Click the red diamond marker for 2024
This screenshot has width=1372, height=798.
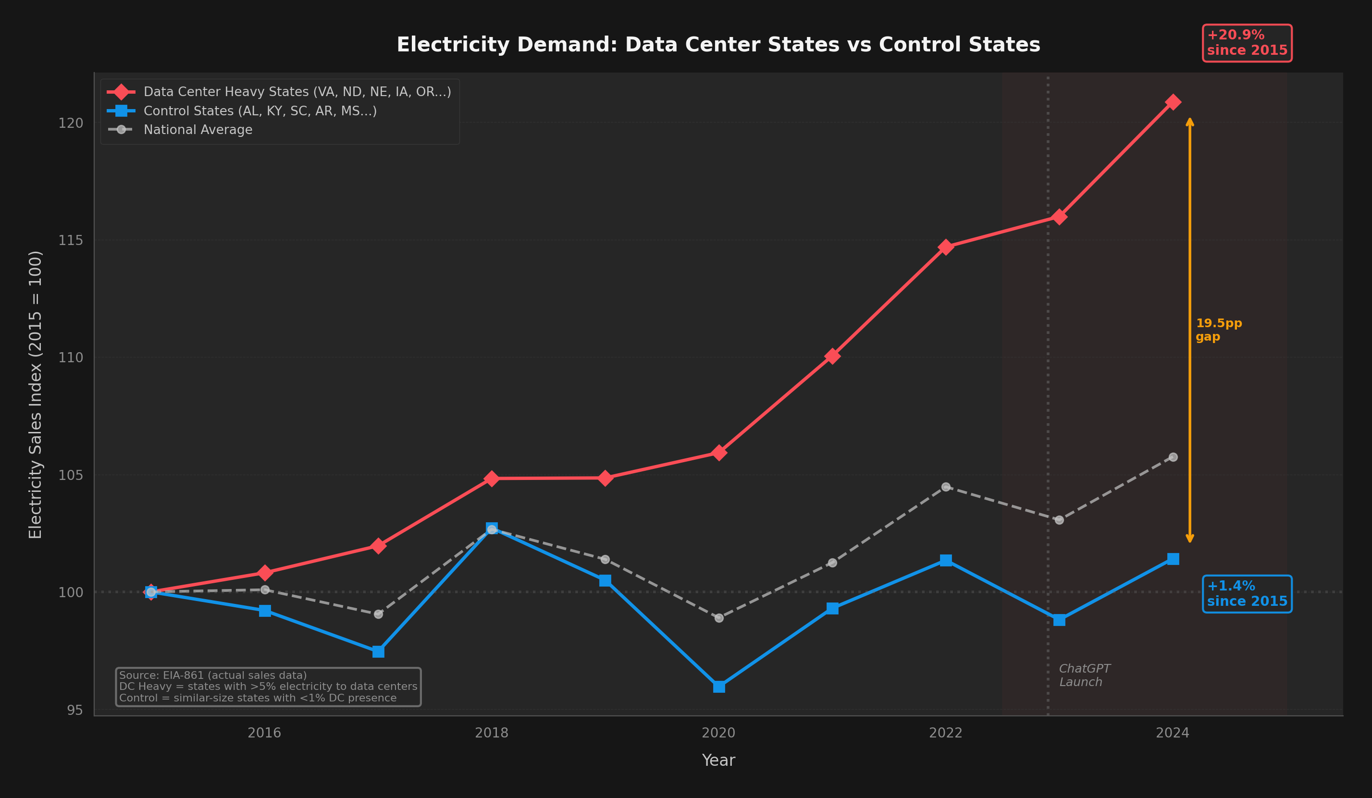coord(1173,102)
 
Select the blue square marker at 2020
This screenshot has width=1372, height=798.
coord(718,687)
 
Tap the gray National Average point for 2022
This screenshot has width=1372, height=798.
coord(946,487)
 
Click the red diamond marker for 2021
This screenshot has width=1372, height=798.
coord(832,356)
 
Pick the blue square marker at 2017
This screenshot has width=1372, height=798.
coord(378,651)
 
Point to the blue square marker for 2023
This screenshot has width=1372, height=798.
coord(1059,620)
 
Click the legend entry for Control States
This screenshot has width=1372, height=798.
coord(260,111)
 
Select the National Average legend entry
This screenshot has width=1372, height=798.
coord(198,130)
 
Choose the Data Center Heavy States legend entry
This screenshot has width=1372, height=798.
coord(297,92)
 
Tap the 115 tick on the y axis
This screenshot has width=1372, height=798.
coord(71,240)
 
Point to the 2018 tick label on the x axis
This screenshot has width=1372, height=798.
coord(491,733)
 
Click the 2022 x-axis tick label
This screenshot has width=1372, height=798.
coord(945,733)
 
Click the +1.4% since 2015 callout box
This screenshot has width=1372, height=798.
coord(1247,594)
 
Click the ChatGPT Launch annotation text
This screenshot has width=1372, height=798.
coord(1084,675)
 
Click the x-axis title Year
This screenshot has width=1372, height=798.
coord(718,761)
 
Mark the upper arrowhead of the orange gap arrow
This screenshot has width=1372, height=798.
coord(1190,121)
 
